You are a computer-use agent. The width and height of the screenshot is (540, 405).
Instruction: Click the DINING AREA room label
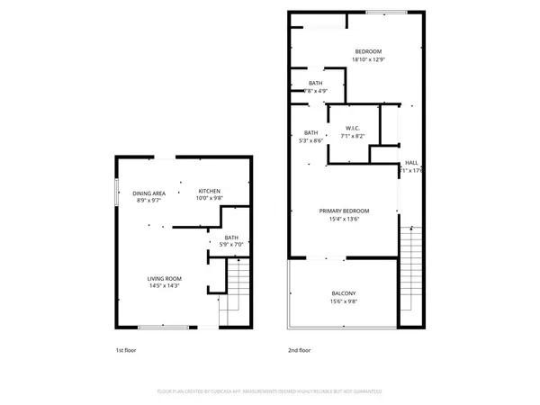(x=149, y=193)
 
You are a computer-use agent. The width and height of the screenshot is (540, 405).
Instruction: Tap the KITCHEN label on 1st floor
(x=210, y=191)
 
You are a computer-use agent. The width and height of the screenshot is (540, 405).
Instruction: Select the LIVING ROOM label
(x=166, y=278)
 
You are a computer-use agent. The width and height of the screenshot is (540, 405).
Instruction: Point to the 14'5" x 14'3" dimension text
(x=166, y=286)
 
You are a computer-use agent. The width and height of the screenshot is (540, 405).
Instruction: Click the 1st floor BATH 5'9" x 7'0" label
(x=232, y=237)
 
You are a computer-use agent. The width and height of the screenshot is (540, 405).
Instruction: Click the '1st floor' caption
(x=126, y=349)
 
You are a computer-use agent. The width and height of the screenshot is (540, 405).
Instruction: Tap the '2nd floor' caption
(x=299, y=349)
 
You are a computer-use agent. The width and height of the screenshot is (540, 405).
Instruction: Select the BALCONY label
(x=344, y=294)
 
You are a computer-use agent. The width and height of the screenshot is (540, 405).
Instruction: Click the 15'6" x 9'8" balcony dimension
(x=344, y=302)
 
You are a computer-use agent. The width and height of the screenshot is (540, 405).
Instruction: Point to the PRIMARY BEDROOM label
(x=344, y=211)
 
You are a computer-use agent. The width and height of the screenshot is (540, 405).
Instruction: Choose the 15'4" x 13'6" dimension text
(x=344, y=219)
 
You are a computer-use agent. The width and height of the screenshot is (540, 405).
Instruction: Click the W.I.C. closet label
(x=353, y=129)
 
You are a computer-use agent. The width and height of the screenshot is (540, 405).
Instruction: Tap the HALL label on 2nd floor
(x=411, y=163)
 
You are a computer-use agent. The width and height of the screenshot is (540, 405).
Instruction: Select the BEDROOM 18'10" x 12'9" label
(x=368, y=52)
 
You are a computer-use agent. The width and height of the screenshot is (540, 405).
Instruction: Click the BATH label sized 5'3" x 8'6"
(x=311, y=132)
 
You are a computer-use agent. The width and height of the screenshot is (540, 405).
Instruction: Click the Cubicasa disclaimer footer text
(x=270, y=391)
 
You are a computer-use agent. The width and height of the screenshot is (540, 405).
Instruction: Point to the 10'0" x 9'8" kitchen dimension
(x=210, y=199)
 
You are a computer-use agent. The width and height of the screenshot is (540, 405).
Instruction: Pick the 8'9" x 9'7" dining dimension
(x=149, y=201)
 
